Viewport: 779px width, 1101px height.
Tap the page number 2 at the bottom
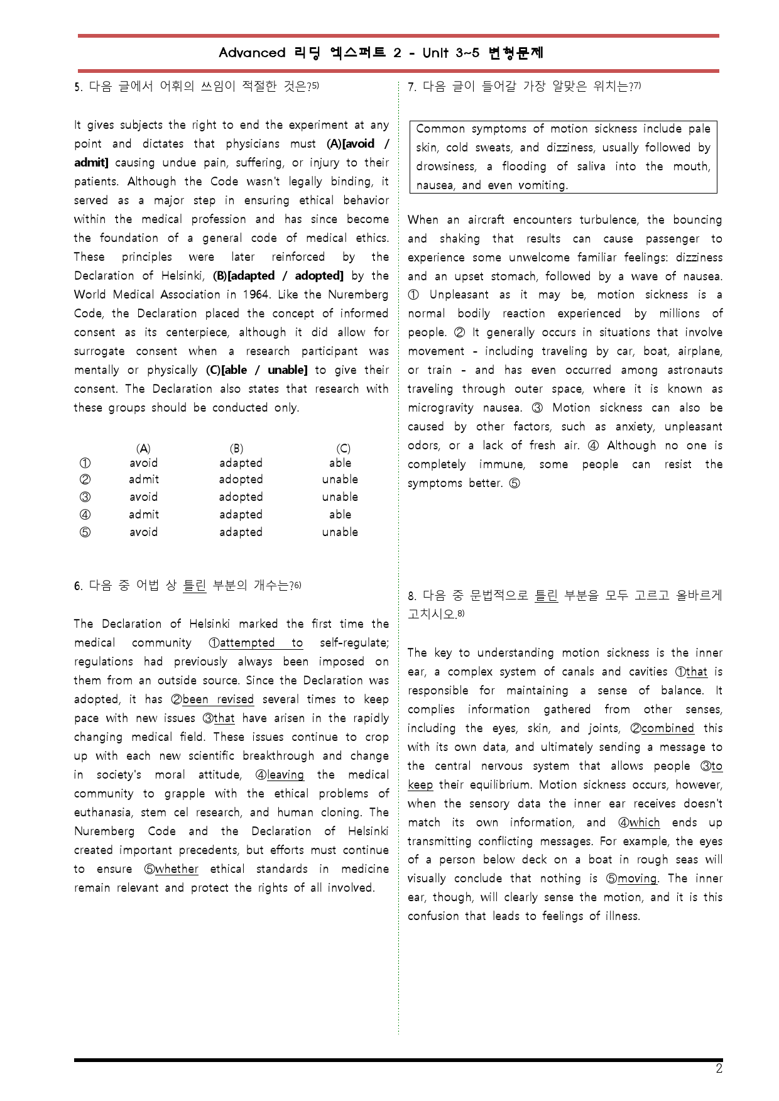[x=719, y=1069]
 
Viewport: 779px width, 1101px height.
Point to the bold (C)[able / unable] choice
[x=257, y=370]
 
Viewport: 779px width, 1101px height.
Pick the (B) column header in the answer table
[x=236, y=448]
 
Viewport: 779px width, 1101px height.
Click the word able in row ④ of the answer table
[x=340, y=515]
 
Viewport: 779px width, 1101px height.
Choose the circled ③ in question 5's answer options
[x=85, y=497]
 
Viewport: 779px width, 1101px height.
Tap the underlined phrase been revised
[x=218, y=699]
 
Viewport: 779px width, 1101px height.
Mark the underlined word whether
[x=177, y=869]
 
